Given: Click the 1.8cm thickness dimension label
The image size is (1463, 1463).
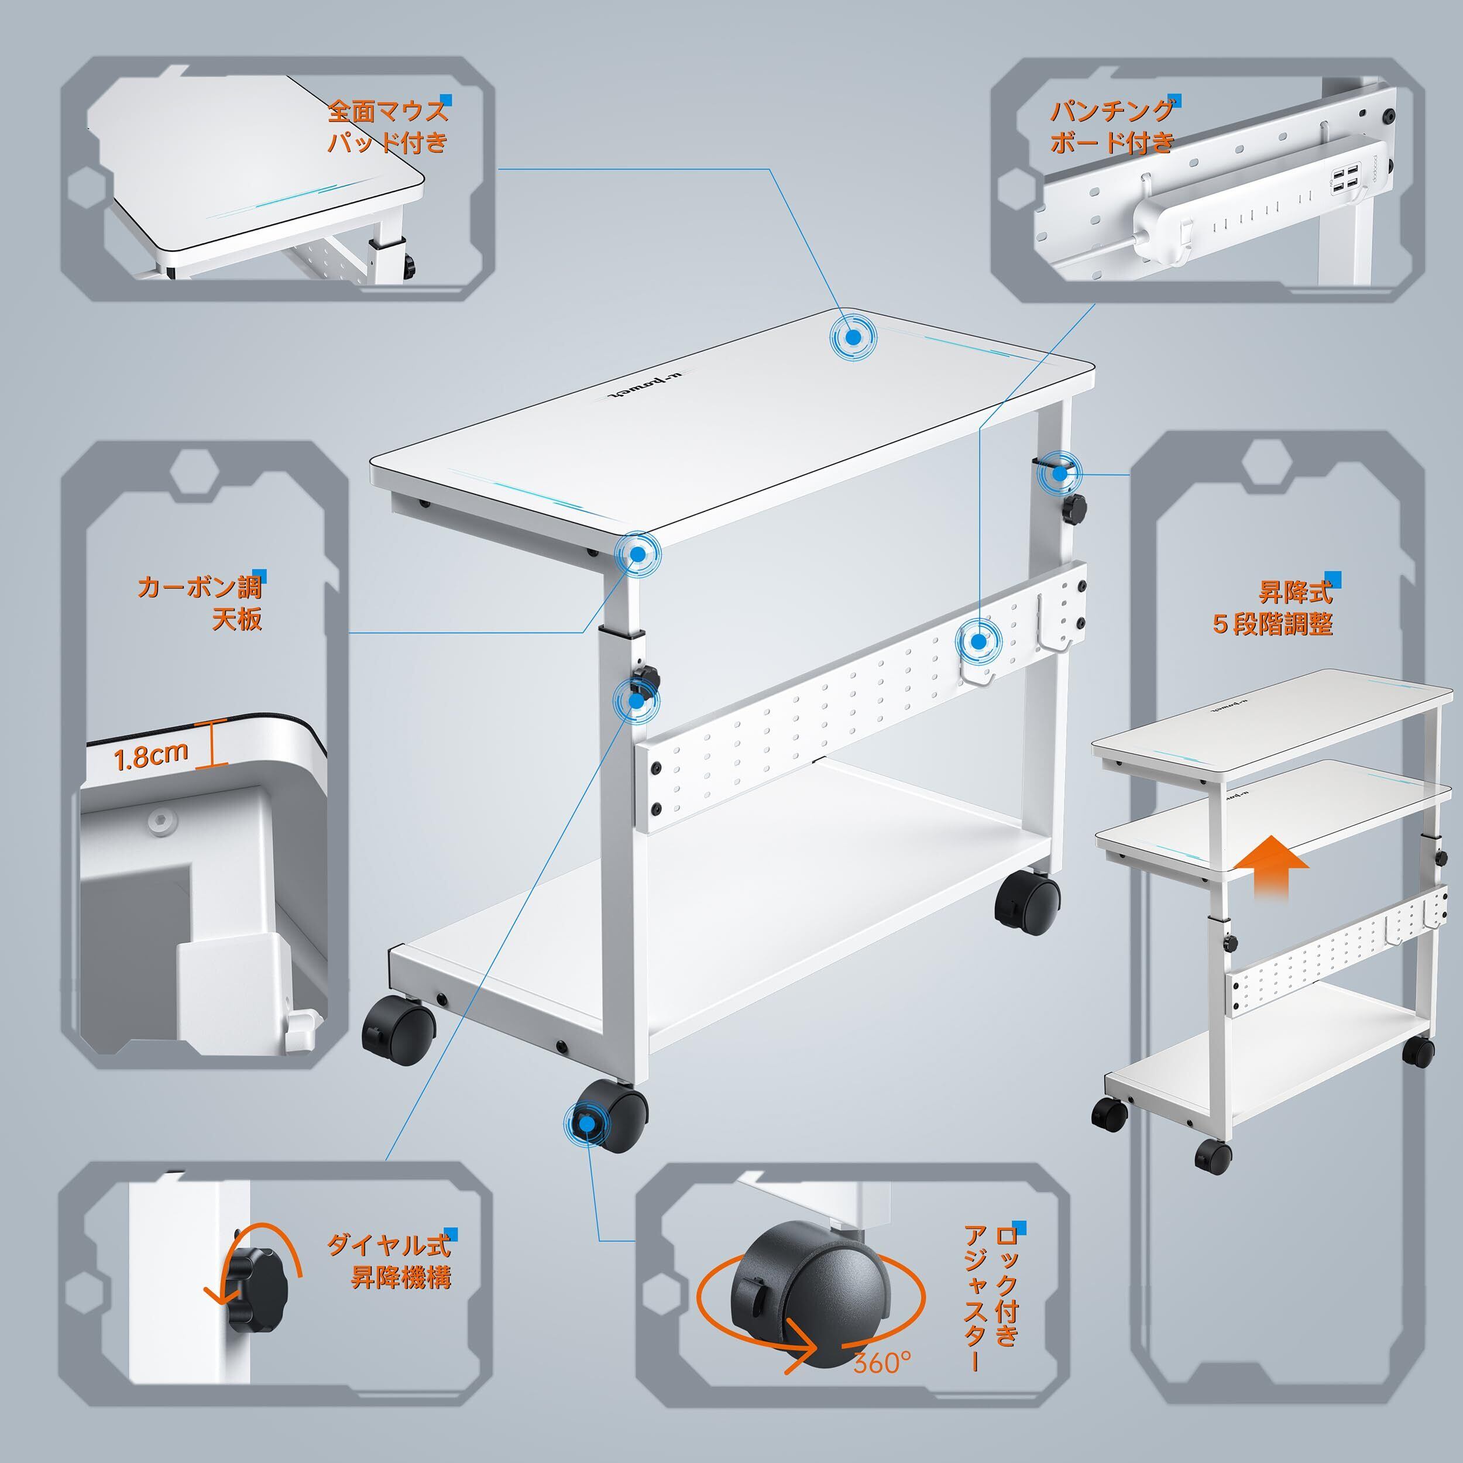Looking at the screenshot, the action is (151, 755).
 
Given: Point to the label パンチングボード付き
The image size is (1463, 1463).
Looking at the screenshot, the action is (1112, 126).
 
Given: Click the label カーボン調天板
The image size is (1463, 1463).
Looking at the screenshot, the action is (200, 603).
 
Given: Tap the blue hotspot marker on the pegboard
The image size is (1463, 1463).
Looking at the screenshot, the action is (978, 641).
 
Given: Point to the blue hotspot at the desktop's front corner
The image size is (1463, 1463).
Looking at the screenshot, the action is (638, 554).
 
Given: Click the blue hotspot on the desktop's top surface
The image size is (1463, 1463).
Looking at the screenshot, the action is (853, 338).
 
